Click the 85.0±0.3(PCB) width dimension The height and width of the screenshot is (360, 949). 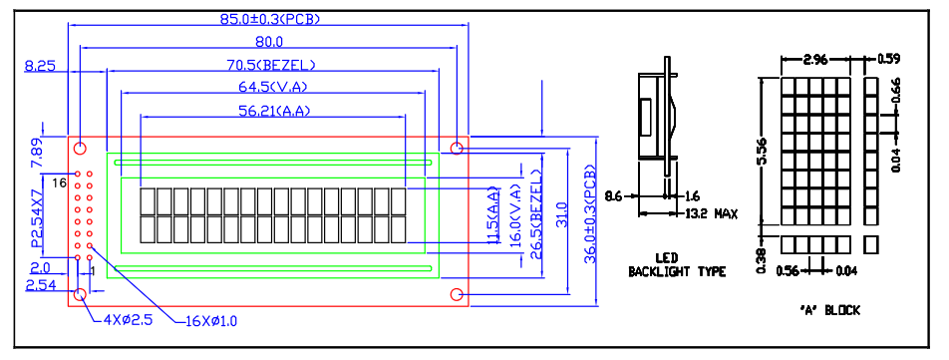(x=269, y=19)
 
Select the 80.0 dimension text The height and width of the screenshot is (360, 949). (x=269, y=42)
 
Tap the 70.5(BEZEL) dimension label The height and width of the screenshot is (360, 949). (x=271, y=65)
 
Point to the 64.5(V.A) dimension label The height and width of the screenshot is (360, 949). (x=273, y=87)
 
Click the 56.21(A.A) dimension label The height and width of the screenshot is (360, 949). (x=273, y=110)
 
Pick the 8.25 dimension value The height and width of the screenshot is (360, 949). (x=40, y=66)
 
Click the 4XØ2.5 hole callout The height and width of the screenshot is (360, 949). (x=128, y=319)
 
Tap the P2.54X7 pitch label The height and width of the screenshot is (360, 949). (x=38, y=217)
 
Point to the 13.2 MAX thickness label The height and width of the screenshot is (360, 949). (x=712, y=213)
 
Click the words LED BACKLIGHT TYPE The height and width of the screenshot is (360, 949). (x=677, y=264)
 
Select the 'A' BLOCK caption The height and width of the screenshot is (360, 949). (x=829, y=310)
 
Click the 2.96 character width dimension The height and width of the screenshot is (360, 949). (x=815, y=59)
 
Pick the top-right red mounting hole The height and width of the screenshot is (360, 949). (x=457, y=148)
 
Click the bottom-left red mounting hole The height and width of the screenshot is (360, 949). (x=80, y=294)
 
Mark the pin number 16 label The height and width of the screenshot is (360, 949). (x=59, y=182)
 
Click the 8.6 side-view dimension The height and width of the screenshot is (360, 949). (x=614, y=196)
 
